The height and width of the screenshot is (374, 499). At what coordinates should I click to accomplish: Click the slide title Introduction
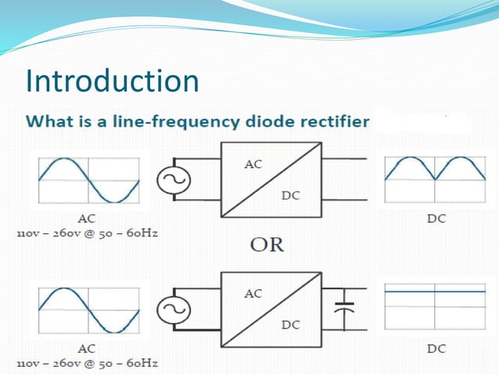[112, 81]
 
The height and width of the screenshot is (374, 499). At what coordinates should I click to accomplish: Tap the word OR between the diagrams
[267, 246]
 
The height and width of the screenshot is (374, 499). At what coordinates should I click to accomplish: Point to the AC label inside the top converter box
[253, 164]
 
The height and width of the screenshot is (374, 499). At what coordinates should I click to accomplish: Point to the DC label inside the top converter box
[290, 196]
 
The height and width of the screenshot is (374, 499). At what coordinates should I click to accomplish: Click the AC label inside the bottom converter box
[253, 293]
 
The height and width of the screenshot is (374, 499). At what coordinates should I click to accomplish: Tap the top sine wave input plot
[88, 180]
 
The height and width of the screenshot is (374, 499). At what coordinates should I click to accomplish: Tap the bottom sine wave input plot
[88, 309]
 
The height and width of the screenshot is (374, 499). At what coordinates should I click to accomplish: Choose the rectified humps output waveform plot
[436, 180]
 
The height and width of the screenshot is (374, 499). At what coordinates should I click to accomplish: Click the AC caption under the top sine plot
[88, 218]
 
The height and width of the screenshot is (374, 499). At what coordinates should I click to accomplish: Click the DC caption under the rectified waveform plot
[436, 218]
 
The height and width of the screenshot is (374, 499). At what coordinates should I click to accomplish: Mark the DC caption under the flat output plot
[436, 348]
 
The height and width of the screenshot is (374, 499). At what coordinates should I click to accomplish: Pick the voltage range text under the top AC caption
[87, 234]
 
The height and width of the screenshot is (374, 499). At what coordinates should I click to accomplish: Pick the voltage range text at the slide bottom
[87, 364]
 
